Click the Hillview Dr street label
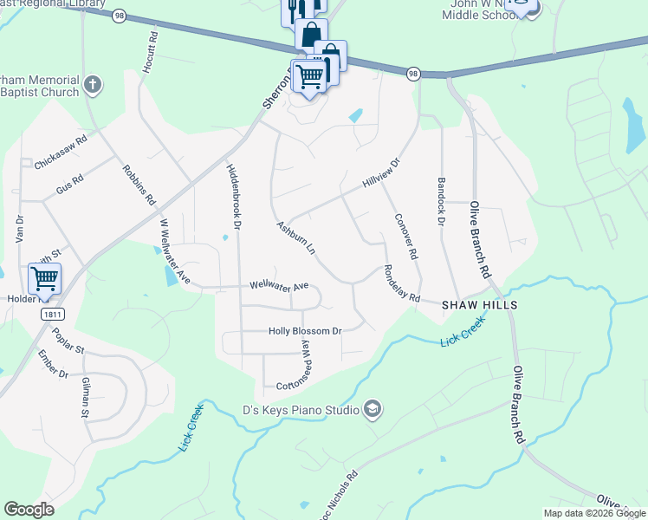381,173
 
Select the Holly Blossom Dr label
305,331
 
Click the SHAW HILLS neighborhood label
479,306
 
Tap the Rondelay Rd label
401,283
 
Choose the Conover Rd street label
405,237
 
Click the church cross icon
93,86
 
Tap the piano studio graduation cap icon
372,408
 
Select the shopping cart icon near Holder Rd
43,278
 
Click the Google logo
29,510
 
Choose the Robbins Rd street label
139,185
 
